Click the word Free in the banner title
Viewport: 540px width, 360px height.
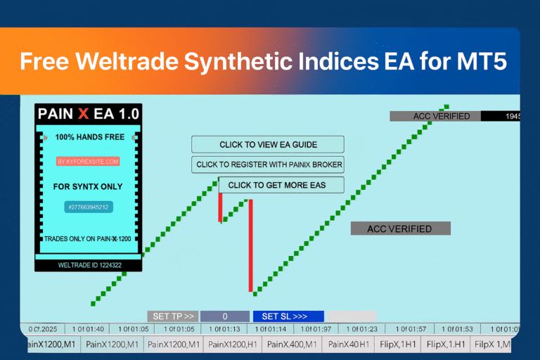click(47, 61)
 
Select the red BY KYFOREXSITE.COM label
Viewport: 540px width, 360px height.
click(88, 161)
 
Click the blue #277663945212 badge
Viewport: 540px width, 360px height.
click(88, 207)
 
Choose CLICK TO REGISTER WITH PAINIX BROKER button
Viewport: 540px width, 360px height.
click(268, 165)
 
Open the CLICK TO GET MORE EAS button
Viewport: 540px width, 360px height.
click(281, 185)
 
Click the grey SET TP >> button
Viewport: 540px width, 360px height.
click(173, 316)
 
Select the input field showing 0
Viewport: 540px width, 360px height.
click(225, 316)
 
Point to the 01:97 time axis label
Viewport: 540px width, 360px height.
click(315, 329)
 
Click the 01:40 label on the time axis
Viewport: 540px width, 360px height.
click(89, 329)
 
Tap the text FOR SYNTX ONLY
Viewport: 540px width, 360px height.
click(88, 186)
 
